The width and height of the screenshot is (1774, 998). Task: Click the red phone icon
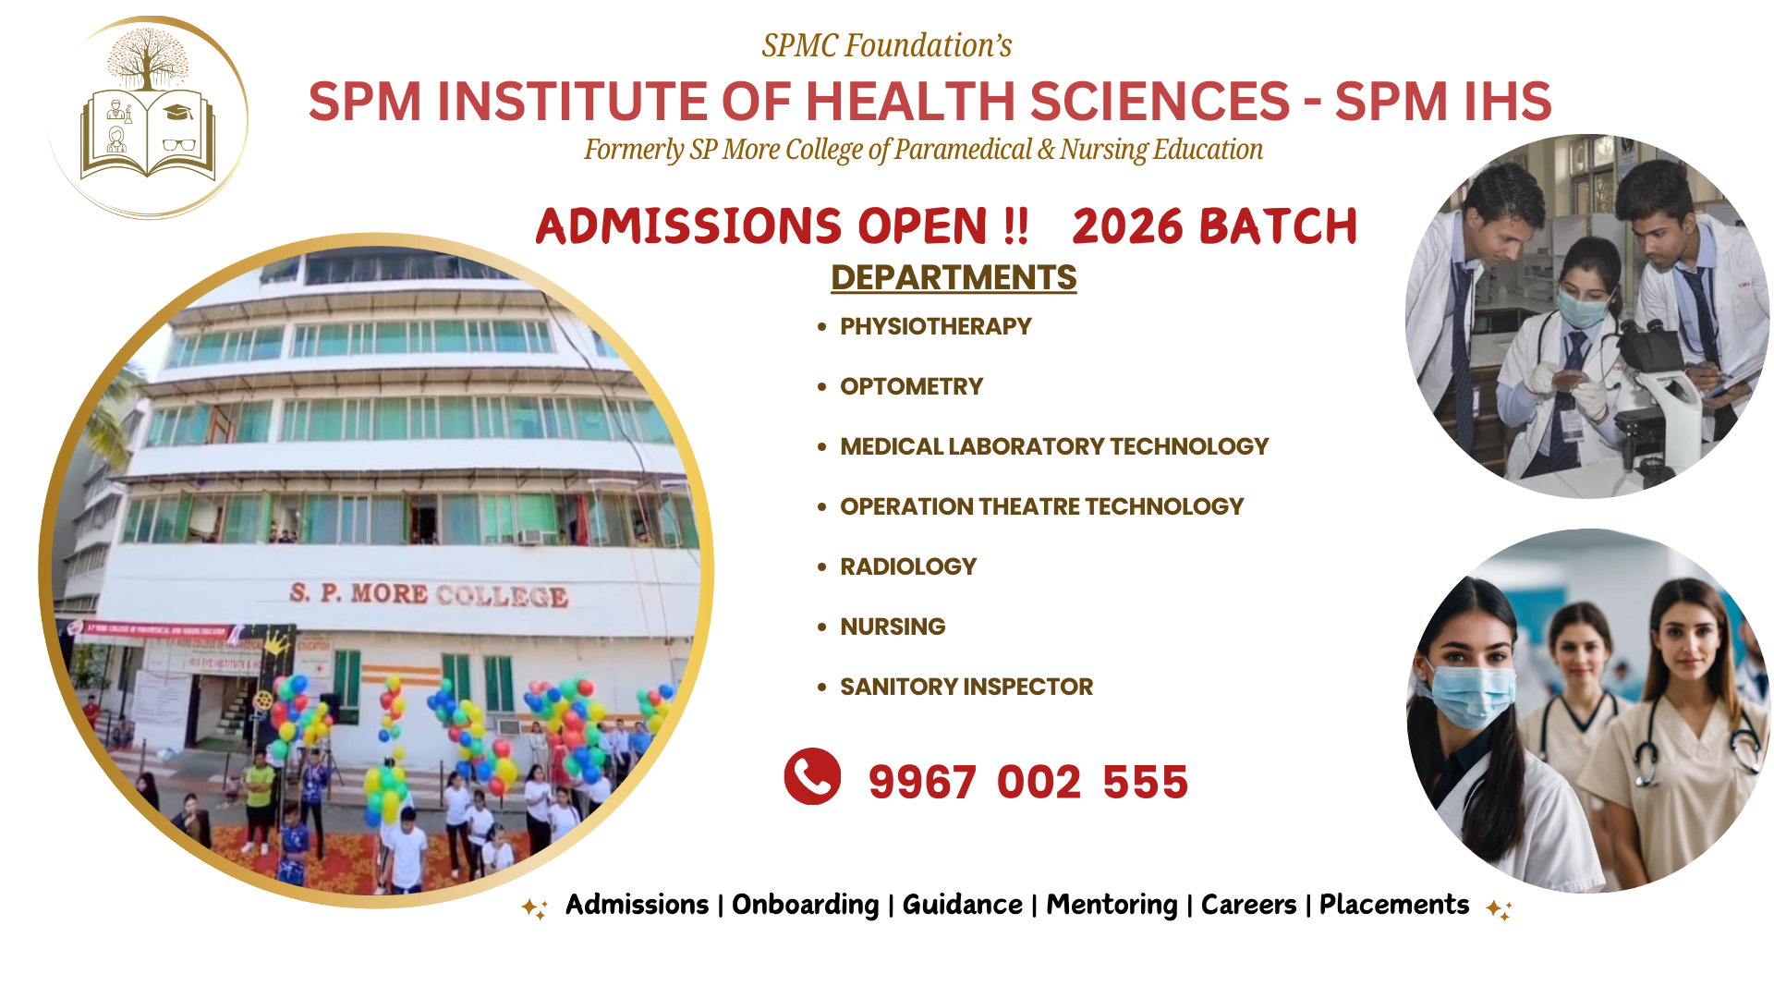click(812, 776)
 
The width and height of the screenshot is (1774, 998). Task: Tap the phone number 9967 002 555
click(1027, 783)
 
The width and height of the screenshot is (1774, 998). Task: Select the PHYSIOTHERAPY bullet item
click(935, 326)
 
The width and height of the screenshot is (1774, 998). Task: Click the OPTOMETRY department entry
click(911, 386)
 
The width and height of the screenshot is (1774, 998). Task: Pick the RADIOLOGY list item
click(907, 566)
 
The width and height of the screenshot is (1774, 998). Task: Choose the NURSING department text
click(893, 627)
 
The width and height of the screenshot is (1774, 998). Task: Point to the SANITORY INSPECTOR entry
click(966, 687)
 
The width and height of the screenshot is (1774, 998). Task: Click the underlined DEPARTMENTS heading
click(954, 278)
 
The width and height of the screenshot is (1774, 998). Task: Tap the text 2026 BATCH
click(1214, 226)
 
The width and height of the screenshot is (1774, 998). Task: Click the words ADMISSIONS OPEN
click(762, 226)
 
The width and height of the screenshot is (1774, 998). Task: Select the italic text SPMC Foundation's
click(886, 45)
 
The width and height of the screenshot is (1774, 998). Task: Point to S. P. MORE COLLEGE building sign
click(428, 593)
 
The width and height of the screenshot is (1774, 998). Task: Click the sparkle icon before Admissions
click(534, 907)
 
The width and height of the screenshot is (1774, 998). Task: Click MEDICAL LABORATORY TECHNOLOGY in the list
click(1053, 446)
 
